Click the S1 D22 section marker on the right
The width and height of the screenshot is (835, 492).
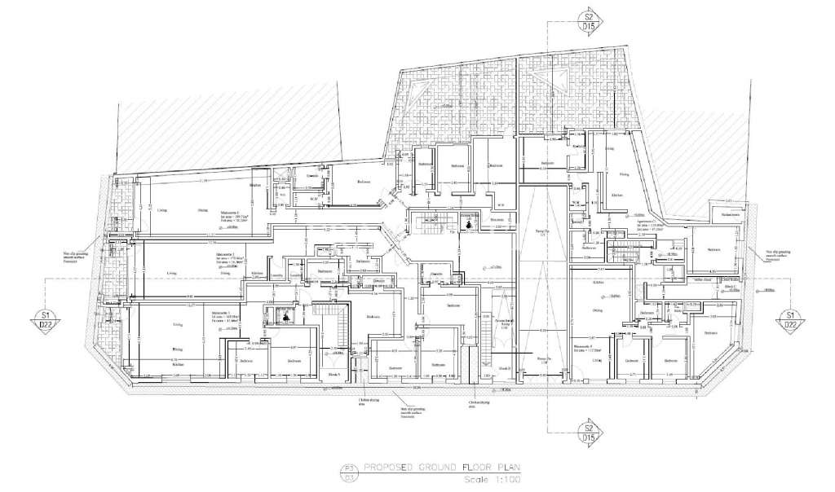click(x=789, y=319)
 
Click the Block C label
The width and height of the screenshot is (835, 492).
click(x=731, y=288)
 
